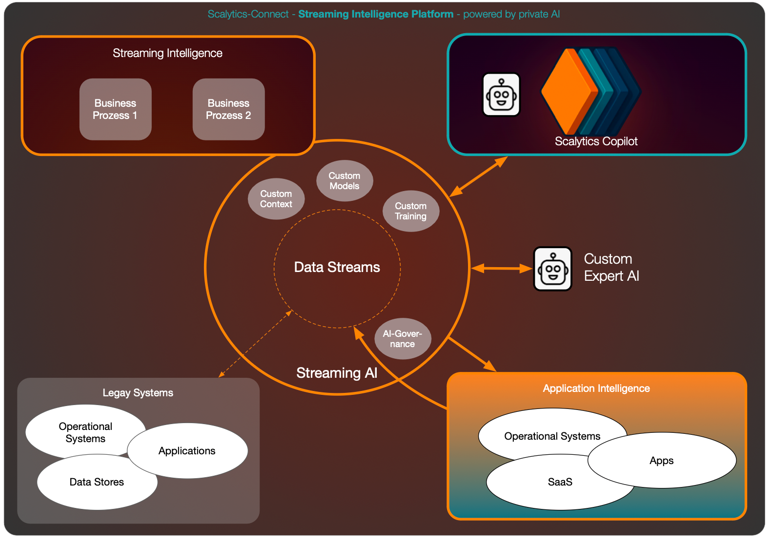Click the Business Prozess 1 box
point(116,109)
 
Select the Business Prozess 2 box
point(229,109)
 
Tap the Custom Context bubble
point(276,199)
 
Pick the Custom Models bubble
point(345,181)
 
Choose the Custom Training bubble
point(411,211)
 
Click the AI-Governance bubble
point(403,339)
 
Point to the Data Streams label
point(337,267)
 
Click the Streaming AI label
point(337,373)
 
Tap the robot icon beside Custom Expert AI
point(553,269)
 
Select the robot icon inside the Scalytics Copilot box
point(501,95)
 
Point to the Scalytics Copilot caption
point(596,141)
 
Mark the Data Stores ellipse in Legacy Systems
point(97,482)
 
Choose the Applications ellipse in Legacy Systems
point(187,450)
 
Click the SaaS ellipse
point(560,482)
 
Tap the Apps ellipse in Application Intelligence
point(662,460)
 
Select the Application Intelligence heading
point(596,389)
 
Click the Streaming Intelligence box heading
point(168,53)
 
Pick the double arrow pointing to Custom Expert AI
point(501,268)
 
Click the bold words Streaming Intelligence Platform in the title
point(376,14)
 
